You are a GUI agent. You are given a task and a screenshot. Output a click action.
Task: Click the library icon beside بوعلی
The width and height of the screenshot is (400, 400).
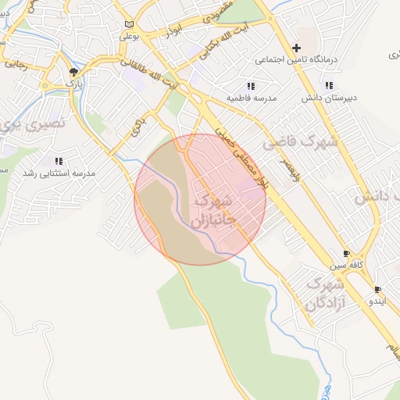[x=129, y=24]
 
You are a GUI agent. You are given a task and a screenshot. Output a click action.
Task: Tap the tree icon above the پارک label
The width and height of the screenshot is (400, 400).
[x=73, y=72]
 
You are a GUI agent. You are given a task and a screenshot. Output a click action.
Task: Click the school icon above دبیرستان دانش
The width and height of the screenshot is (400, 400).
[x=329, y=85]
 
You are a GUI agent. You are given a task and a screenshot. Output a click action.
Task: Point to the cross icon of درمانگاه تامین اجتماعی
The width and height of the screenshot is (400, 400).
[x=296, y=47]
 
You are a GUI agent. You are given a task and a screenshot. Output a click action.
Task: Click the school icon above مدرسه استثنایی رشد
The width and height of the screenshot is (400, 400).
[x=59, y=161]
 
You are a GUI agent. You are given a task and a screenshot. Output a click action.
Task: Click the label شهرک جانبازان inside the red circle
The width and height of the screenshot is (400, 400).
[x=212, y=207]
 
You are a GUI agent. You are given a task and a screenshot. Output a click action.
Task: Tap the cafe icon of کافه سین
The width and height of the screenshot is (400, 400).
[x=347, y=254]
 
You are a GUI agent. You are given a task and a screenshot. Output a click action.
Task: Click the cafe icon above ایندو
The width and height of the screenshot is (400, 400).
[x=378, y=289]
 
